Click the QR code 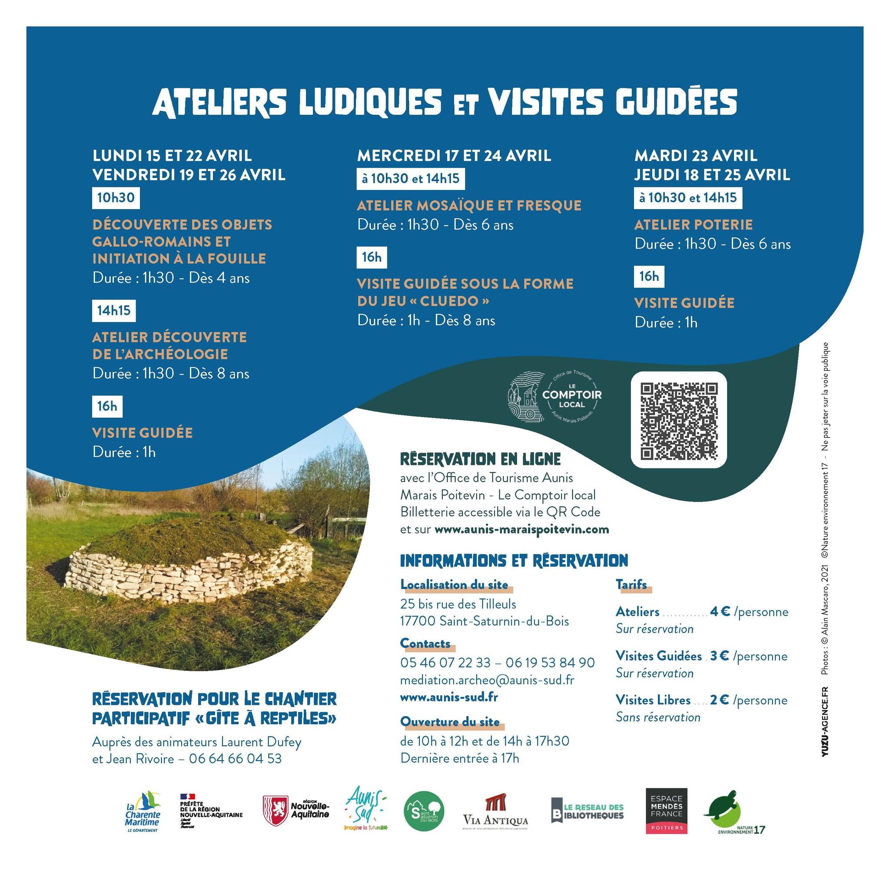pyautogui.click(x=678, y=420)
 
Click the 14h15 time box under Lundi pyautogui.click(x=114, y=310)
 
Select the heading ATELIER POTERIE pyautogui.click(x=693, y=225)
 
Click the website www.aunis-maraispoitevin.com pyautogui.click(x=521, y=529)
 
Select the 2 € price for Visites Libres pyautogui.click(x=719, y=700)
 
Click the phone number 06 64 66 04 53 pyautogui.click(x=235, y=758)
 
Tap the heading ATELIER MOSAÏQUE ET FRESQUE pyautogui.click(x=469, y=206)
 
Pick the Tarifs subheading pyautogui.click(x=631, y=585)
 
